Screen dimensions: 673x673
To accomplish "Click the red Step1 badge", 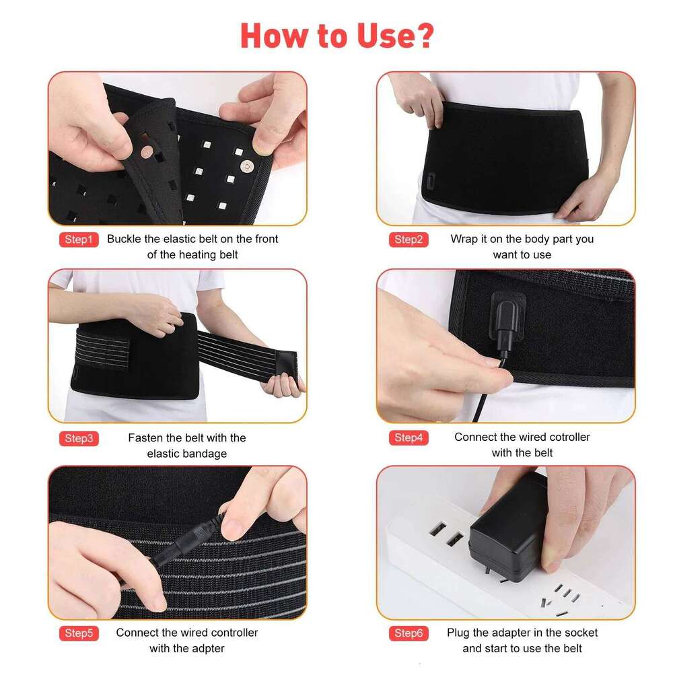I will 79,240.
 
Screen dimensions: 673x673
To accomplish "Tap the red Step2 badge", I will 408,240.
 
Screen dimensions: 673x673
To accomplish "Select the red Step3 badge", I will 79,439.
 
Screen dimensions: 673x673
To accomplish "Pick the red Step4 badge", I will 408,438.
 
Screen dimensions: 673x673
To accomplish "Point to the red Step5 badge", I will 79,633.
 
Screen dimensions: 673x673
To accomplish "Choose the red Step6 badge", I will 408,633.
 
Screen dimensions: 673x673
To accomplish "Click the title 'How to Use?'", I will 336,36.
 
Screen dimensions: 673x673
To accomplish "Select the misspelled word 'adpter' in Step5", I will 206,649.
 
